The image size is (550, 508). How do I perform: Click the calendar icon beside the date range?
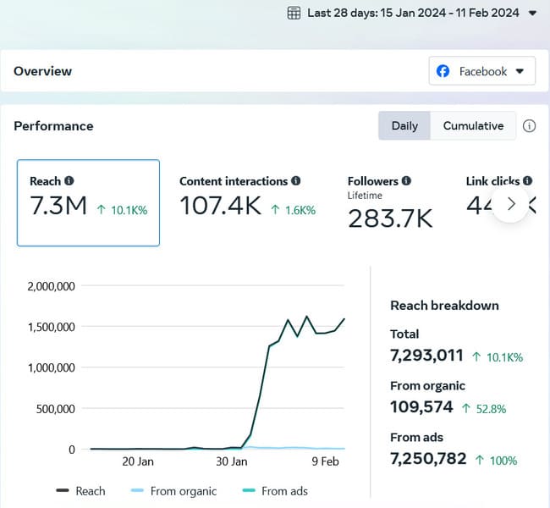pos(294,13)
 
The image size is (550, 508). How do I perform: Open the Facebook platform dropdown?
pos(482,71)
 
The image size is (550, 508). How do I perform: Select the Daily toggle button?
pos(404,125)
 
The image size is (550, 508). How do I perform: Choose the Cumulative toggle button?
pos(473,125)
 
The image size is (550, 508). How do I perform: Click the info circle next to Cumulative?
pos(530,126)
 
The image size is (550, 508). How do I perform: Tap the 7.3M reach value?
pos(58,206)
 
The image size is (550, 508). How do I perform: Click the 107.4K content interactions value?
pos(220,206)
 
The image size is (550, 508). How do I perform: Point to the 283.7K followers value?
pos(390,218)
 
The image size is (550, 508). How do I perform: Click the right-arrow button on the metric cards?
pos(510,204)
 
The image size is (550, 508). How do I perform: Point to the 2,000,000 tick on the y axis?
pos(52,286)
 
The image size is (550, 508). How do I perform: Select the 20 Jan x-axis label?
pos(138,461)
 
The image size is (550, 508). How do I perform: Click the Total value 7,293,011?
pos(426,355)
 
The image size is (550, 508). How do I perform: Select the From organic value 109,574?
pos(421,407)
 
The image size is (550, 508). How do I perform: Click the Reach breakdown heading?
pos(444,305)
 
